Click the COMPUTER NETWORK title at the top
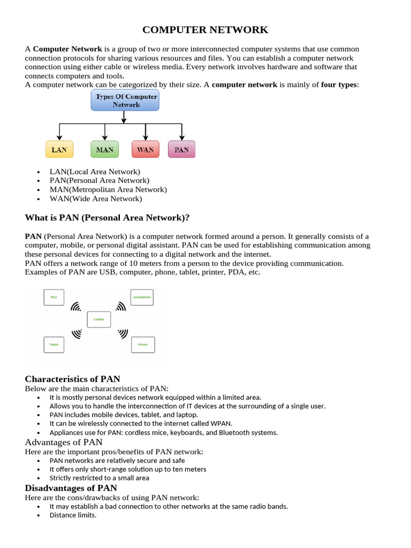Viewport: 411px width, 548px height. click(x=205, y=29)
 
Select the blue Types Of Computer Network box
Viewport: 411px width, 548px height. click(x=126, y=101)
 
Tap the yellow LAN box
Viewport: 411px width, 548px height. click(x=59, y=149)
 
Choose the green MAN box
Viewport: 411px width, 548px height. click(x=105, y=149)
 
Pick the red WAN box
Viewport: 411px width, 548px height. click(x=145, y=149)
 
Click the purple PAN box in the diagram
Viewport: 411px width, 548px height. click(x=182, y=149)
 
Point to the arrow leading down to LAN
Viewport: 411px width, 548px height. click(x=59, y=132)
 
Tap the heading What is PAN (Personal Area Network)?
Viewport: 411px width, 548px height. click(x=108, y=217)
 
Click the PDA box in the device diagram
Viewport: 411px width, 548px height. click(x=54, y=297)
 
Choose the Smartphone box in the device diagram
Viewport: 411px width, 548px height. click(x=142, y=297)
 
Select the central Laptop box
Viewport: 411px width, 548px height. click(x=99, y=319)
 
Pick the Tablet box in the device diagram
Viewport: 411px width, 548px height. click(x=54, y=345)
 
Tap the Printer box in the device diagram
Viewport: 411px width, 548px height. click(x=143, y=345)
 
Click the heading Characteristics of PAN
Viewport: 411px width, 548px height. click(x=72, y=379)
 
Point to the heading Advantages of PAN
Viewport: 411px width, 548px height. click(x=64, y=442)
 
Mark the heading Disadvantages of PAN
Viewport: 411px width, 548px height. click(x=71, y=488)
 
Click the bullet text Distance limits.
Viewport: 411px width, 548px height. click(x=73, y=515)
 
